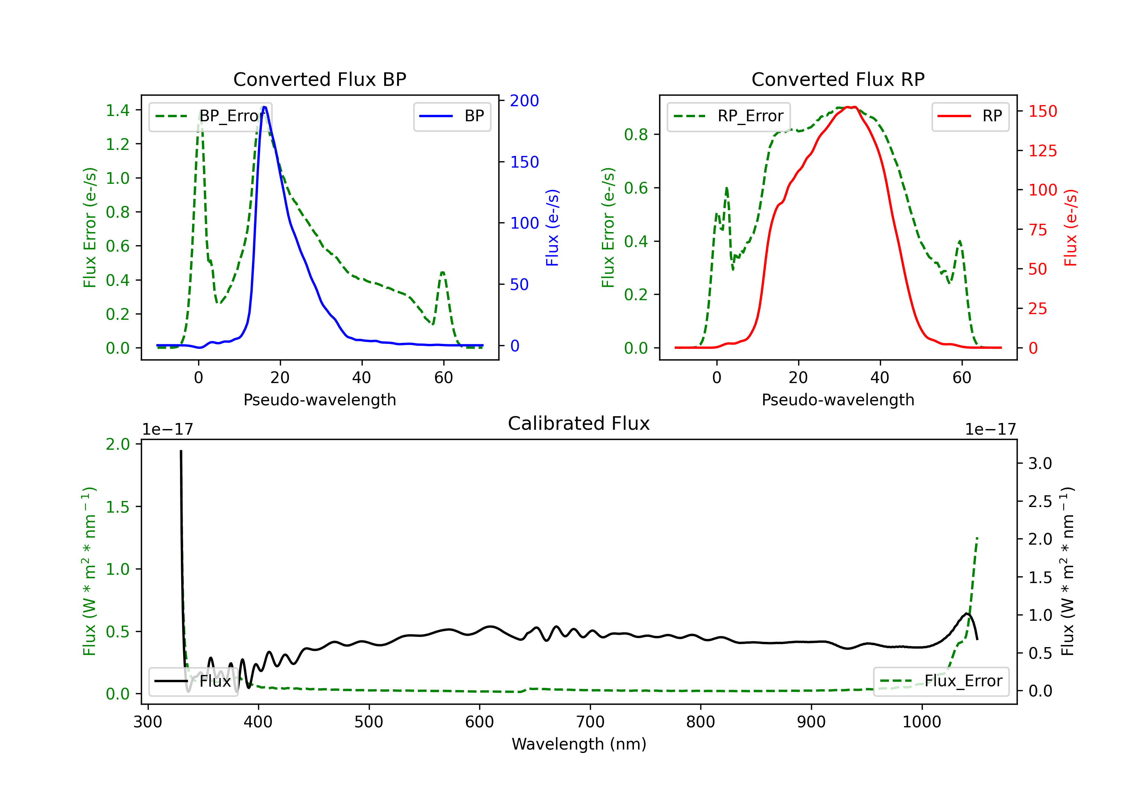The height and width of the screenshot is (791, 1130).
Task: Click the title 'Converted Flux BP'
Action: tap(319, 79)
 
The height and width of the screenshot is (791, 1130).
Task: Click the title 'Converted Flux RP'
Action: tap(838, 79)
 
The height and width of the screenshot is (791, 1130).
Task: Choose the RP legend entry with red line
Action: tap(970, 116)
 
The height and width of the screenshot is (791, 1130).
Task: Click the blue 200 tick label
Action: tap(524, 101)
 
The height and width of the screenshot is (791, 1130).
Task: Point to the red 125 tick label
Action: tap(1042, 151)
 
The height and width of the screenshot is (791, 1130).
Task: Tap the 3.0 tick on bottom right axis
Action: tap(1040, 463)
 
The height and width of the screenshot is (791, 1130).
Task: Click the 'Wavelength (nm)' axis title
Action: tap(579, 744)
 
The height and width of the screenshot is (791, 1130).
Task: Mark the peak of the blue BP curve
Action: tap(264, 107)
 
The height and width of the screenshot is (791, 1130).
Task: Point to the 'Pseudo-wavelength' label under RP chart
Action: tap(838, 400)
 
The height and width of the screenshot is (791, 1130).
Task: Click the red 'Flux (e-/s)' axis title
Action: tap(1070, 228)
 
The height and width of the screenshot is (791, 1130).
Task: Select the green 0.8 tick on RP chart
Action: tap(636, 134)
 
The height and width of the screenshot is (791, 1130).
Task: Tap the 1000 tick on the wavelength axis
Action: tap(921, 722)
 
